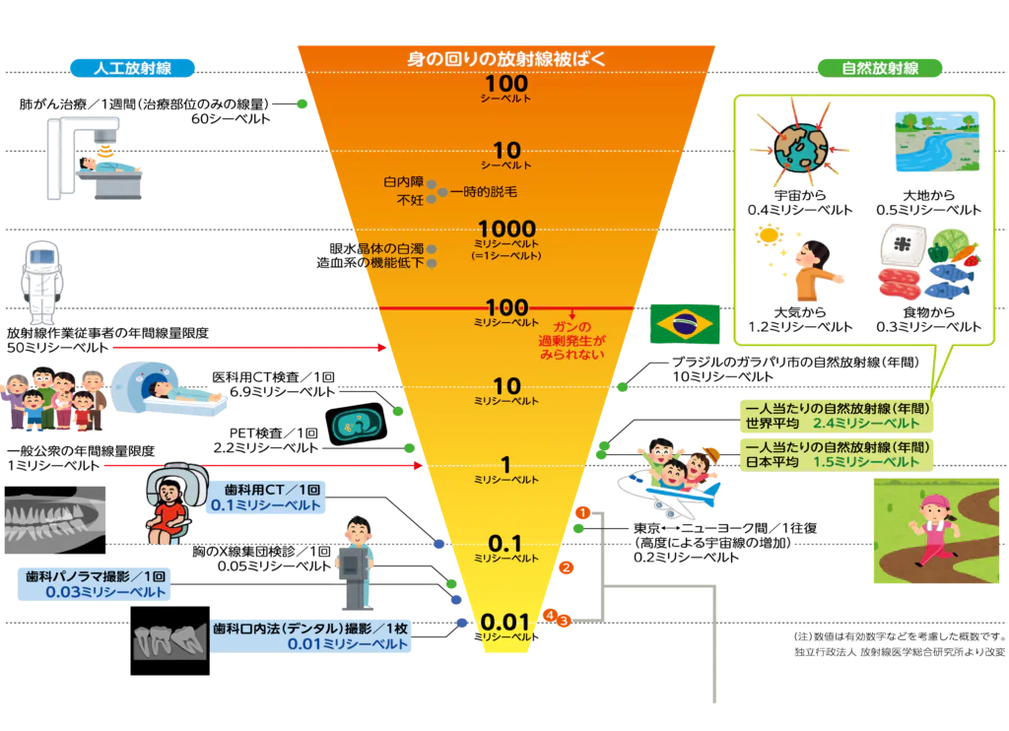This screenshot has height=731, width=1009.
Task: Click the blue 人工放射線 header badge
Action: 132,68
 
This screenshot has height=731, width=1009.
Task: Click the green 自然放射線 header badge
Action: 880,68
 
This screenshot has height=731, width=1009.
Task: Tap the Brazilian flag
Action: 685,324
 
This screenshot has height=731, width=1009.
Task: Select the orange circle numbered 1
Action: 582,513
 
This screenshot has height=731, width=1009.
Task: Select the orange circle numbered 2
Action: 567,567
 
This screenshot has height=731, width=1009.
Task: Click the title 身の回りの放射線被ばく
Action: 506,59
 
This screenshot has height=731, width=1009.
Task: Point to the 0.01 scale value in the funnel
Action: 505,622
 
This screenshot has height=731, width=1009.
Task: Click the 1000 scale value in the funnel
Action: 507,228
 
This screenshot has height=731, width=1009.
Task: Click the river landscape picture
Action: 937,141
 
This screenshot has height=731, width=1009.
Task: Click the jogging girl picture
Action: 936,531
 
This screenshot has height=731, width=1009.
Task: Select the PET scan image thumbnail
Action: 356,424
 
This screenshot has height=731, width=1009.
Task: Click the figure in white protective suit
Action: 41,283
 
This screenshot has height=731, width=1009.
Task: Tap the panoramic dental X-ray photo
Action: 55,520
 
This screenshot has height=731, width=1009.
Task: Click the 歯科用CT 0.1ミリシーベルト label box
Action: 266,498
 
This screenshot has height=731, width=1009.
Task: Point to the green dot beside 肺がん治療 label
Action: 302,103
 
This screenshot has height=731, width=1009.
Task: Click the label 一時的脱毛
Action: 483,192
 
